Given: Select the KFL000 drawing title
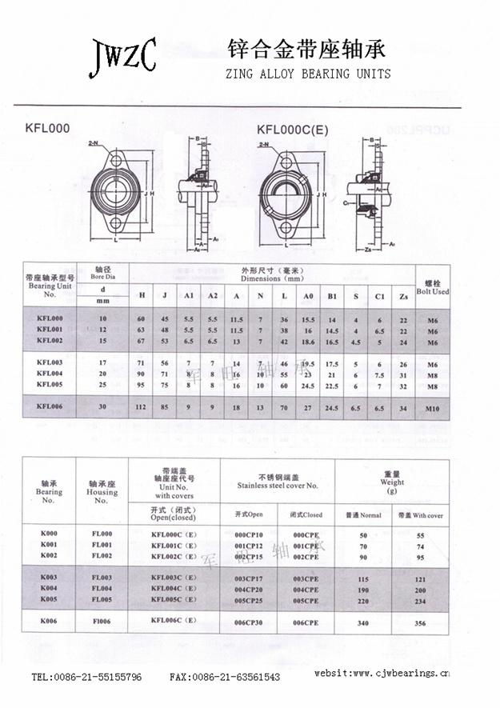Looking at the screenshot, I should [x=47, y=128].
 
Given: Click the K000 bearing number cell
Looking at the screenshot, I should [x=48, y=534].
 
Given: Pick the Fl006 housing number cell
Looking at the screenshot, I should [x=102, y=622].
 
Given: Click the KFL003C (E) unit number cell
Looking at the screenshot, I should [x=174, y=577].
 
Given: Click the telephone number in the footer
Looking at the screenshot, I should [x=86, y=677].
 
